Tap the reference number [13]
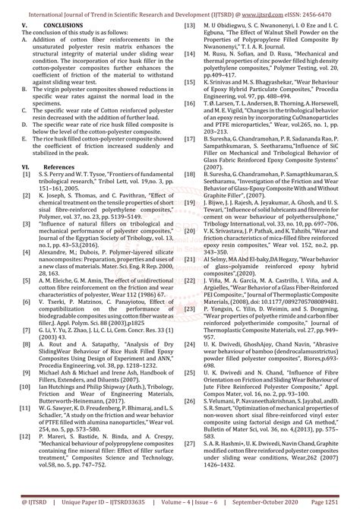[x=192, y=24]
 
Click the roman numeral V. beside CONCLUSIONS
[x=25, y=24]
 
